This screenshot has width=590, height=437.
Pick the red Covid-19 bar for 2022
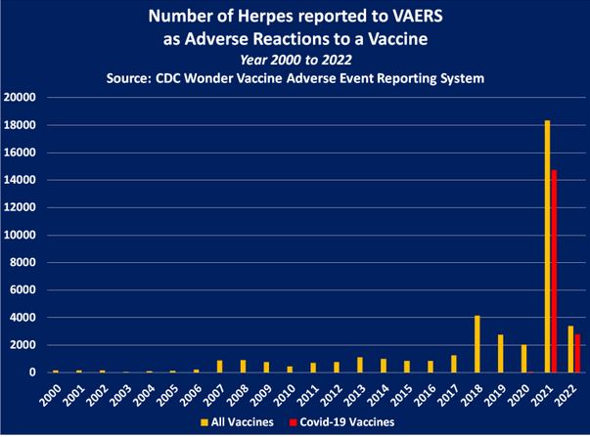point(577,353)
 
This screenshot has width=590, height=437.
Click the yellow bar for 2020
point(523,358)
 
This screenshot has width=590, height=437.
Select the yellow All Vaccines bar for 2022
point(569,349)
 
